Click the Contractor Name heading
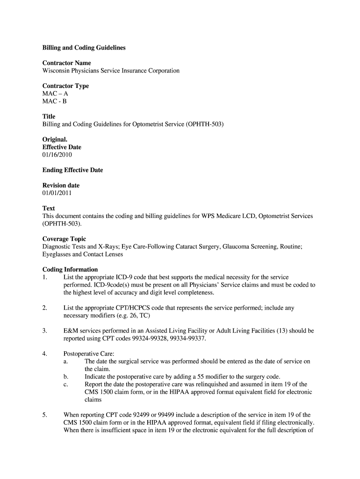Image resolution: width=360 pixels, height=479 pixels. point(66,63)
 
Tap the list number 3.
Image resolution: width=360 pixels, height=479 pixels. point(44,331)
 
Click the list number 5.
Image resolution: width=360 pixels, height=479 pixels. point(44,415)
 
